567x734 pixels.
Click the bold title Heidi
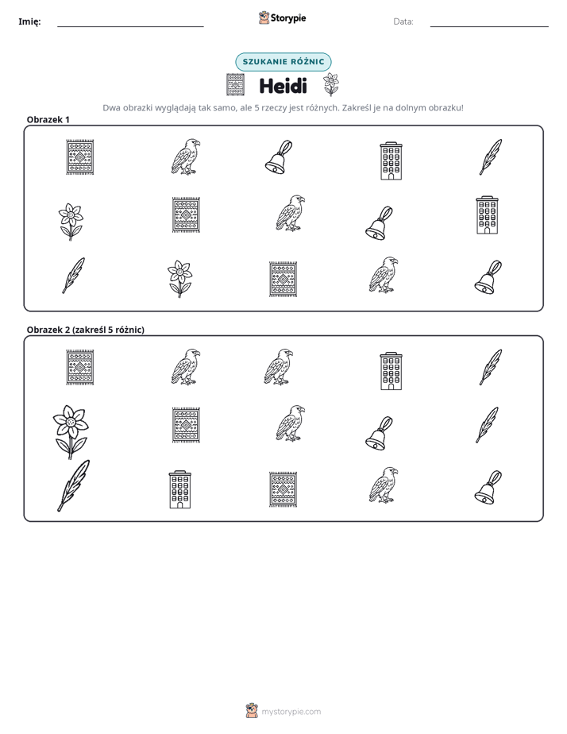283,86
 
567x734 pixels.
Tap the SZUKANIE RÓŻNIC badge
283,62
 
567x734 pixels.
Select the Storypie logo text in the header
288,18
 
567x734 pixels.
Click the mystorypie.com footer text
291,712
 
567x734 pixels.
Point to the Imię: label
29,21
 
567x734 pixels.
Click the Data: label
403,21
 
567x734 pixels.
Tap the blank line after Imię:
130,27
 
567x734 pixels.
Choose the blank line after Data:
489,27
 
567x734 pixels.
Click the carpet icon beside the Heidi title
235,85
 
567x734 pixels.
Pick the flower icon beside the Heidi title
331,85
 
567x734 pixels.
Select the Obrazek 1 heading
48,119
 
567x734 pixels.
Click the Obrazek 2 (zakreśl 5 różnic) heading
86,330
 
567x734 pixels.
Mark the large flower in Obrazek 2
70,431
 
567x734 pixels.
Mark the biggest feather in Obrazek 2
73,485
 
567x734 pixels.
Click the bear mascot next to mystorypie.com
252,711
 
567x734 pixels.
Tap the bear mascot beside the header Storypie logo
264,17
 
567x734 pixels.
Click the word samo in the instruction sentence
225,108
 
